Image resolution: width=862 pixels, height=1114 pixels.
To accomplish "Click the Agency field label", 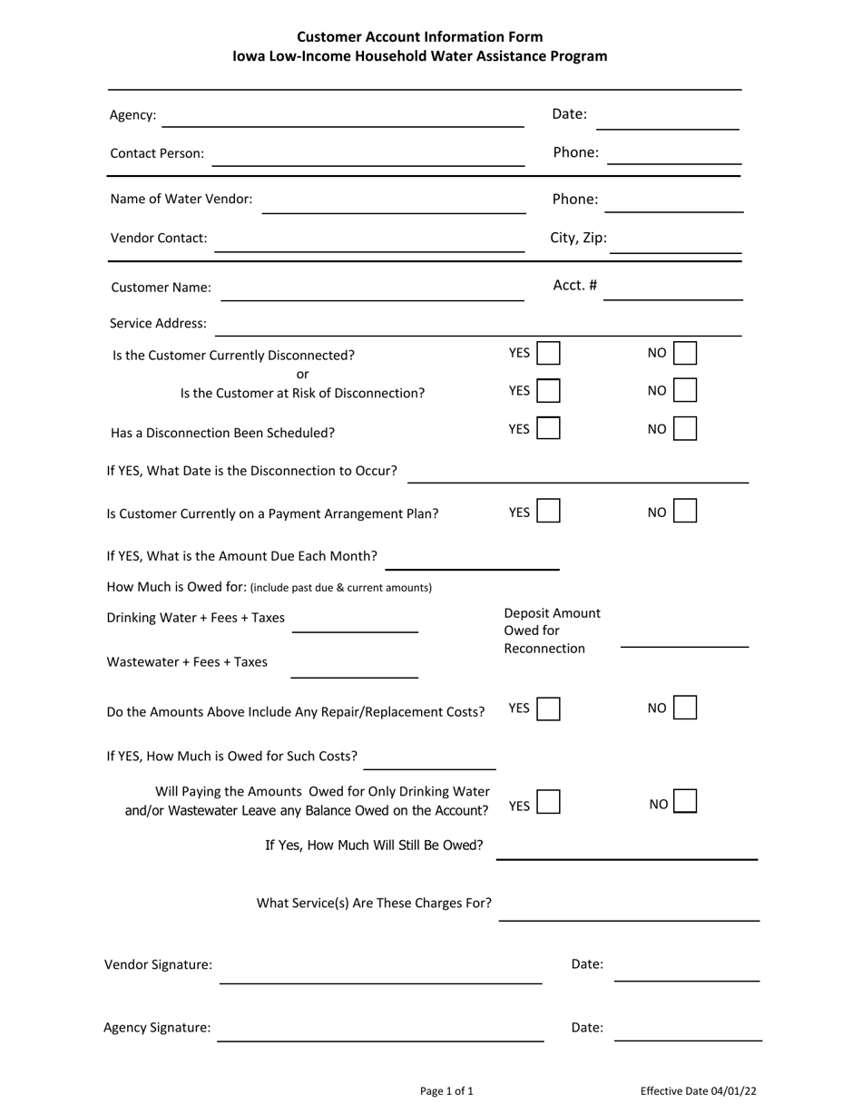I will (132, 115).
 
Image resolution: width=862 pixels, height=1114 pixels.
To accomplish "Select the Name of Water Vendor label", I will (181, 199).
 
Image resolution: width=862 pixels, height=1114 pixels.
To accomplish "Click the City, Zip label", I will (578, 239).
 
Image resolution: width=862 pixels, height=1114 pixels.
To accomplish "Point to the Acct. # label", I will (574, 286).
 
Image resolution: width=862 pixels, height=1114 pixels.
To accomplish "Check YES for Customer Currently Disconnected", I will (548, 353).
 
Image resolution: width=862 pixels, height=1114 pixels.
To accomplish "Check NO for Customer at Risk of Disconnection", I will (685, 391).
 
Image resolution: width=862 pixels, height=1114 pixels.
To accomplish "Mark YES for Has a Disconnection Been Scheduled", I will (548, 428).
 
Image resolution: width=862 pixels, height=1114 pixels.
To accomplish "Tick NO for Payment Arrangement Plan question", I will (685, 512).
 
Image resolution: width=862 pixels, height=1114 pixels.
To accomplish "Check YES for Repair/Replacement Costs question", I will (548, 708).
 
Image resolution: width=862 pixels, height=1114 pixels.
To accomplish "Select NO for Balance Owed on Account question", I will (686, 802).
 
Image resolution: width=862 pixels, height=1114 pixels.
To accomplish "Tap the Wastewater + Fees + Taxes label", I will (187, 662).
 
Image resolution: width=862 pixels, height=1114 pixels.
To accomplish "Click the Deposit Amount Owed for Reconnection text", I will (552, 630).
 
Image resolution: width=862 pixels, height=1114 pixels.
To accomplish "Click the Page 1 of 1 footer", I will (446, 1091).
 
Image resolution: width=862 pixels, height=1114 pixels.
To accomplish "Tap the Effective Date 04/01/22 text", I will (698, 1091).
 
